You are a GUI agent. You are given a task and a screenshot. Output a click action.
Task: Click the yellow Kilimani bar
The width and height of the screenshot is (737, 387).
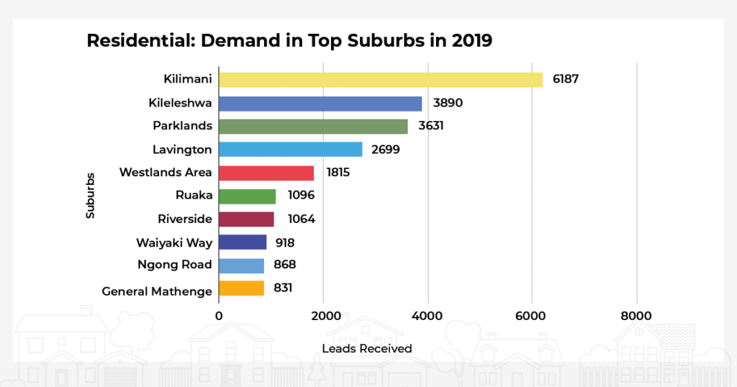[380, 79]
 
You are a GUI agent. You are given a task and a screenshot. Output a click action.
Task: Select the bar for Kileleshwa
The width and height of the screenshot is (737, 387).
[320, 103]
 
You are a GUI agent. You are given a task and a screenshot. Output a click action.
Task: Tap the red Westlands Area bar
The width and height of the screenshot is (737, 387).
[266, 173]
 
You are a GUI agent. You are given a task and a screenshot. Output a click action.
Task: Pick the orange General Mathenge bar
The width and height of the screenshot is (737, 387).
[241, 288]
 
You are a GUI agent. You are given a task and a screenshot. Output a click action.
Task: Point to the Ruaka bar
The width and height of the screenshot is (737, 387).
[247, 196]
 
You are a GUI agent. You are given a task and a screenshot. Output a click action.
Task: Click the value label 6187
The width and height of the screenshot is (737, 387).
[566, 79]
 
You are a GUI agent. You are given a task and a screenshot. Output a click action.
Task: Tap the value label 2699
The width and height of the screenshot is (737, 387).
[385, 150]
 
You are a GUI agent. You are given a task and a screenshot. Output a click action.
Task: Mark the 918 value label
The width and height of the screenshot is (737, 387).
[285, 242]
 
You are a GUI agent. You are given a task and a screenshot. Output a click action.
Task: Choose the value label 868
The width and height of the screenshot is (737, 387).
[285, 265]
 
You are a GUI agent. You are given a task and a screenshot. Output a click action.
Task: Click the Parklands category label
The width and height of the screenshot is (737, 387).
[182, 126]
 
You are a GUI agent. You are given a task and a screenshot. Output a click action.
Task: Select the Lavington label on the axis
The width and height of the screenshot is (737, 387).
[182, 150]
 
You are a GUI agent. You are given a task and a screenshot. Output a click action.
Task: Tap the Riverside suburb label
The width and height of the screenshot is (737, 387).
[185, 219]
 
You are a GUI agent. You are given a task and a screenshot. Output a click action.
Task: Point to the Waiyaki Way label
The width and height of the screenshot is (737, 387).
[174, 242]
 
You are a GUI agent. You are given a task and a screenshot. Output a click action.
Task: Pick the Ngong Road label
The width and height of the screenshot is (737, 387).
[174, 265]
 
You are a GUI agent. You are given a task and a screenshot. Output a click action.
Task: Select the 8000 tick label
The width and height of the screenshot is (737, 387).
[636, 316]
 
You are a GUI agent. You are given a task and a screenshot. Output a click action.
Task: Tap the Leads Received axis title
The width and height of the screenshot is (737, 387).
[367, 349]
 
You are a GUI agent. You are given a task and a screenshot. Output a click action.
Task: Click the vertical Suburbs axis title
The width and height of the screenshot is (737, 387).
[90, 194]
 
